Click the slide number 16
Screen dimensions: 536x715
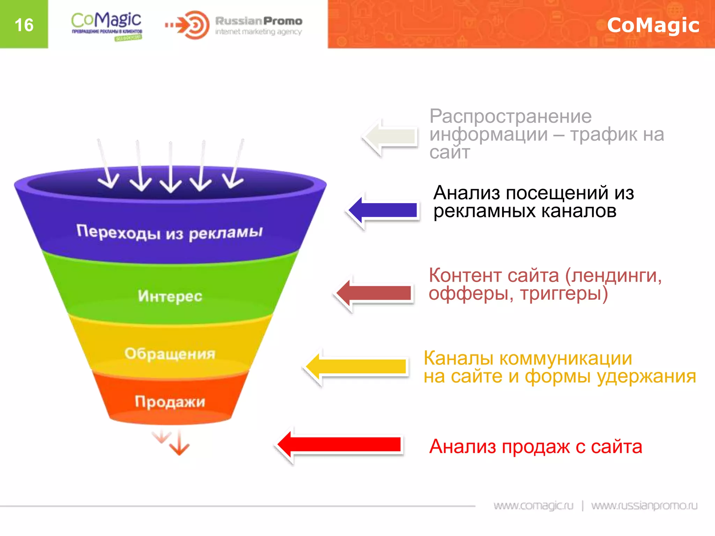(x=24, y=25)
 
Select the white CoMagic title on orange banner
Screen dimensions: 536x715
(x=653, y=25)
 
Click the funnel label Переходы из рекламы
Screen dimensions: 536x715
(x=170, y=232)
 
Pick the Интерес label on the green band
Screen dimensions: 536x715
(x=170, y=296)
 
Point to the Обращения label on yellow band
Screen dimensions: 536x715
(x=170, y=354)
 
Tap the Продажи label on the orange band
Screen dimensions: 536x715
(x=170, y=402)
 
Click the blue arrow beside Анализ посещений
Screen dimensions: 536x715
(x=384, y=210)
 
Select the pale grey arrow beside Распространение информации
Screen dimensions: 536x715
(x=391, y=136)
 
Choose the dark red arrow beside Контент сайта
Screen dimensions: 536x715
(x=375, y=293)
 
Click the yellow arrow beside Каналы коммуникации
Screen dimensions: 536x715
(x=358, y=366)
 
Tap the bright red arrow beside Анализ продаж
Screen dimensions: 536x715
(x=340, y=445)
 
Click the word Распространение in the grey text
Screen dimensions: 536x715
(x=510, y=117)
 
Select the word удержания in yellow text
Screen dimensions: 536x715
(x=646, y=377)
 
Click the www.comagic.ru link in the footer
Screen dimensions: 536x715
(x=533, y=506)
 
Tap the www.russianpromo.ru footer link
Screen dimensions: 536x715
(x=644, y=506)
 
